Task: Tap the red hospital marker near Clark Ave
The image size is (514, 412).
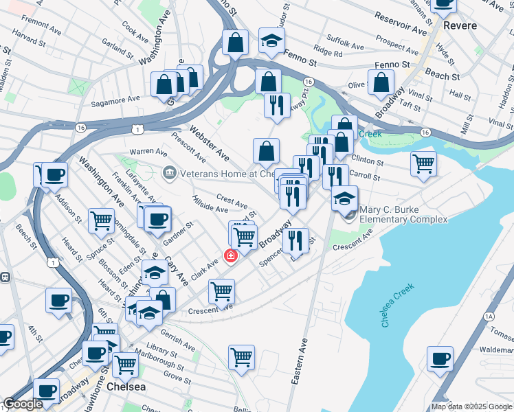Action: pos(231,256)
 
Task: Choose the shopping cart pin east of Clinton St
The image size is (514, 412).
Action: pos(423,163)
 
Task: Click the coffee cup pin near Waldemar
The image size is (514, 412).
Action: pos(440,358)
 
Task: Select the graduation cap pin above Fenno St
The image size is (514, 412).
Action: pos(271,40)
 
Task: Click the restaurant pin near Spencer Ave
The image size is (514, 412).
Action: pos(295,240)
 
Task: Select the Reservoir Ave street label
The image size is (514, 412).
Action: pos(401,28)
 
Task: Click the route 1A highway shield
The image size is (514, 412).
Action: pos(489,317)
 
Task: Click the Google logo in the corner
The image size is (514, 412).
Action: pos(23,404)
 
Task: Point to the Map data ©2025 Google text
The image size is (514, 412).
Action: pos(471,407)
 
